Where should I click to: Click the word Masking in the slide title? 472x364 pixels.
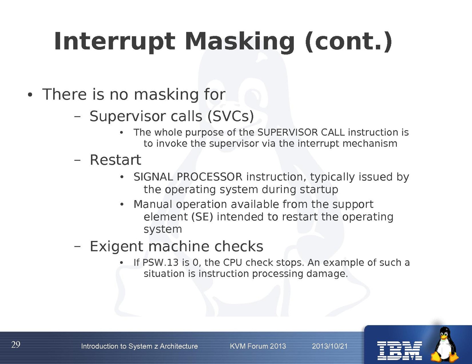240,42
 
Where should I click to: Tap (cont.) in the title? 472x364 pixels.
349,42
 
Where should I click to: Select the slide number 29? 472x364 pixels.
16,345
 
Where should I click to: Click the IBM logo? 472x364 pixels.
399,351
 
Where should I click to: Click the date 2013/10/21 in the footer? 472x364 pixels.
330,346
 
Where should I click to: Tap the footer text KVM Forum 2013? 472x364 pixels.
258,346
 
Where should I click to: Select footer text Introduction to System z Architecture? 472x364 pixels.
140,346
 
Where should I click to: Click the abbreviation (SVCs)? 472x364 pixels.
231,116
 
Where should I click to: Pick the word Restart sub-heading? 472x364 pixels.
115,160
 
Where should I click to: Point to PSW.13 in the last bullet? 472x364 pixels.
161,263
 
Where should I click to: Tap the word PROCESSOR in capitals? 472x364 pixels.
210,177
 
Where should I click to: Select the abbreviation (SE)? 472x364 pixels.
202,217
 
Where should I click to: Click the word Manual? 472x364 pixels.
153,204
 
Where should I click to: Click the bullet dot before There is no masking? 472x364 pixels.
30,95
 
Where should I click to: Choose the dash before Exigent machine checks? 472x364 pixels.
77,247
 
